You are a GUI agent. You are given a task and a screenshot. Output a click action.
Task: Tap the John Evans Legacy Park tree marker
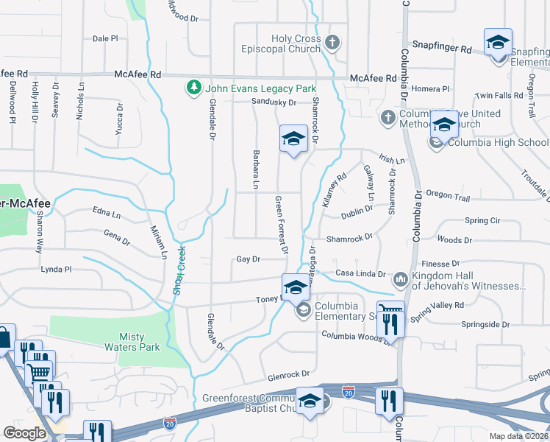click(194, 88)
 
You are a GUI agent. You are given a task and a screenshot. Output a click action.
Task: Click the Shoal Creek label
click(177, 270)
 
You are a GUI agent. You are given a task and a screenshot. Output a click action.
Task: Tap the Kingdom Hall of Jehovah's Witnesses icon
click(401, 279)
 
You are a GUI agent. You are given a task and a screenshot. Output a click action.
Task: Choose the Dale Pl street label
click(105, 38)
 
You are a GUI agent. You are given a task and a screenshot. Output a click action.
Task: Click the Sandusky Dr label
click(273, 102)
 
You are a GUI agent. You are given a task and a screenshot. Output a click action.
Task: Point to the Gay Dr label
click(249, 259)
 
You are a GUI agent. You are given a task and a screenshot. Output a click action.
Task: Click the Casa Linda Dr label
click(360, 274)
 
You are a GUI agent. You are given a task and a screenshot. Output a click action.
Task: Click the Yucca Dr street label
click(120, 116)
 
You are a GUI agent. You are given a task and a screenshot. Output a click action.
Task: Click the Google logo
click(24, 432)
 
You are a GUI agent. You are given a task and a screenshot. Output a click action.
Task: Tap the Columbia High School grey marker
click(436, 143)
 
